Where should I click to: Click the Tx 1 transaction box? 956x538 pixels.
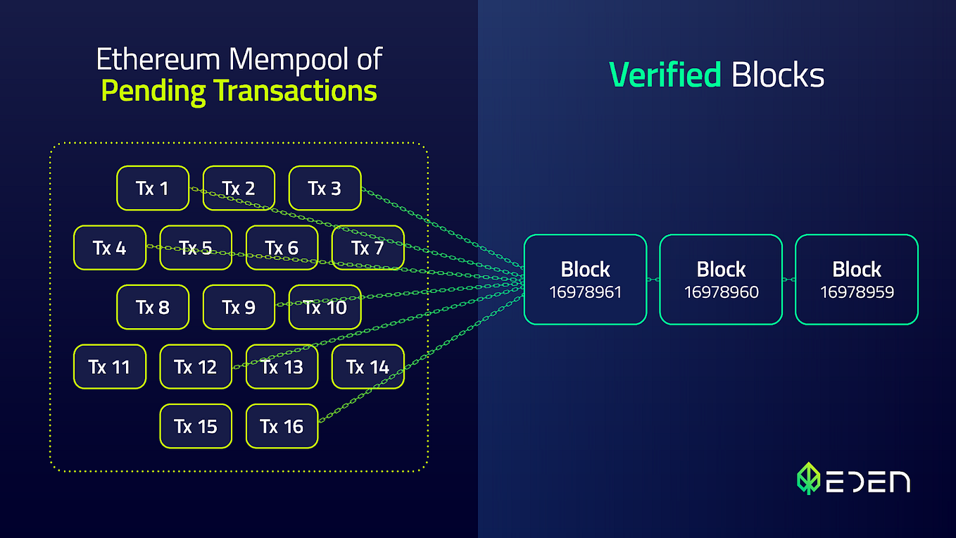(x=153, y=188)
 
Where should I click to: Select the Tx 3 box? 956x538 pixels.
(x=325, y=188)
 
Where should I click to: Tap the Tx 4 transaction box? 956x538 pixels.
(x=110, y=247)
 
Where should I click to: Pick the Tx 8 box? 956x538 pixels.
(x=153, y=307)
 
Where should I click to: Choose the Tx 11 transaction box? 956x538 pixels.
(x=110, y=367)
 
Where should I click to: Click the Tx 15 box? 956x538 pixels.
(x=196, y=426)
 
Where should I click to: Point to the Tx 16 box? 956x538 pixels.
(x=282, y=426)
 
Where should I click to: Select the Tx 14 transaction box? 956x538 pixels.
(x=367, y=367)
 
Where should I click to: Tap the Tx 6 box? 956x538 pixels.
(x=282, y=247)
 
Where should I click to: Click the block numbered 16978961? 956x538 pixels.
(x=585, y=280)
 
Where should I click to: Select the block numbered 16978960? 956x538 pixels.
(x=721, y=280)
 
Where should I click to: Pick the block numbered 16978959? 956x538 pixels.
(x=857, y=280)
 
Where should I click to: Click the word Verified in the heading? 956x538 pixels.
(x=665, y=75)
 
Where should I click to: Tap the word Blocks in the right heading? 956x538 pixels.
(x=778, y=75)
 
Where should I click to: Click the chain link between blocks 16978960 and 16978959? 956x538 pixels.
(x=789, y=280)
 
